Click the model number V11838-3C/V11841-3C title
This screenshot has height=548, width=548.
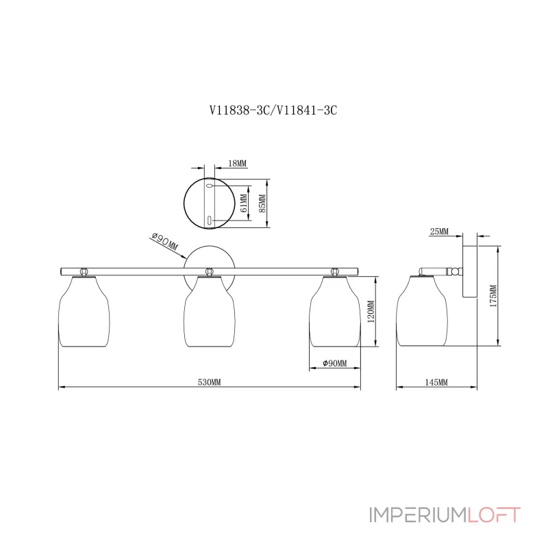click(274, 110)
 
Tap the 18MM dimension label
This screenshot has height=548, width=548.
click(236, 163)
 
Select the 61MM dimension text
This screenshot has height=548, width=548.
click(243, 203)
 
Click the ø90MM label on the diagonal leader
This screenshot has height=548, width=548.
click(164, 241)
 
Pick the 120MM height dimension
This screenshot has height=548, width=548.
click(371, 313)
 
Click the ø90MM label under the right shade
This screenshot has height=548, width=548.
click(334, 363)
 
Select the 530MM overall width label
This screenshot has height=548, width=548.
click(209, 382)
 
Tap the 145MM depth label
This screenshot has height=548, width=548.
click(436, 382)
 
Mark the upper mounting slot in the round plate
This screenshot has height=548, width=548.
click(210, 185)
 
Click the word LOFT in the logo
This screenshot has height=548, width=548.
click(495, 514)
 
